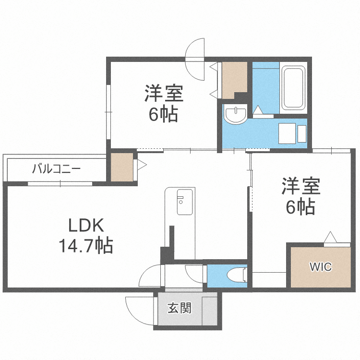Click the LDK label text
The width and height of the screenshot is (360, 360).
(86, 225)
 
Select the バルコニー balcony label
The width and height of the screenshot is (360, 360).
(57, 169)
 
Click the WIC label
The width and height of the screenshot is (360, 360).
(320, 267)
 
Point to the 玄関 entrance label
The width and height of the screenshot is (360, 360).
(180, 308)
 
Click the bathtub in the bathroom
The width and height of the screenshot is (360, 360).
(293, 88)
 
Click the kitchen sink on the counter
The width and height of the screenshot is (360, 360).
(184, 203)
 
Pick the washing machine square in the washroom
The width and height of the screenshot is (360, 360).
(287, 132)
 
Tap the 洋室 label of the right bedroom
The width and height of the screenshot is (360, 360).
(301, 186)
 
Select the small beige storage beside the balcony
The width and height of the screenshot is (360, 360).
(122, 167)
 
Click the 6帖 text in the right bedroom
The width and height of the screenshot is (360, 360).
(301, 207)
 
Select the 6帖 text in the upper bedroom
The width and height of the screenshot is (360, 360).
(164, 115)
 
